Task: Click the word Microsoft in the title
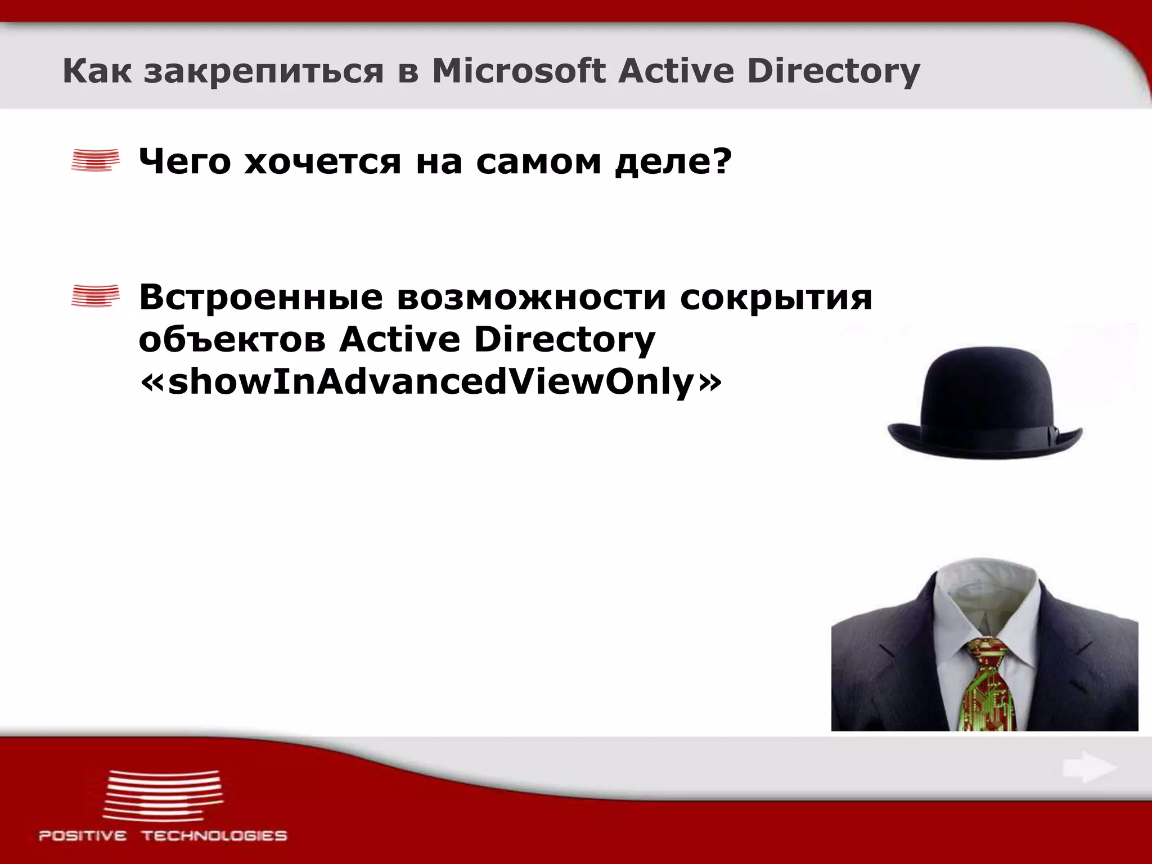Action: click(x=518, y=72)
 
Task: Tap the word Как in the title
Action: click(x=96, y=72)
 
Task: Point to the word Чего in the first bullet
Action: click(x=184, y=163)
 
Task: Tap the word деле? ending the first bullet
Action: click(x=673, y=163)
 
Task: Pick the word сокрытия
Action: click(x=776, y=298)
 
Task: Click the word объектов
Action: click(x=232, y=340)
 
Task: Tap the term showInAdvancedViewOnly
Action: click(x=430, y=383)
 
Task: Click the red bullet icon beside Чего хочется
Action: click(x=95, y=160)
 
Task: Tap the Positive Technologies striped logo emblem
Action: click(x=163, y=795)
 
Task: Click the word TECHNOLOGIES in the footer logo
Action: click(x=214, y=836)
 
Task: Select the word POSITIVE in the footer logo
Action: click(x=83, y=836)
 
